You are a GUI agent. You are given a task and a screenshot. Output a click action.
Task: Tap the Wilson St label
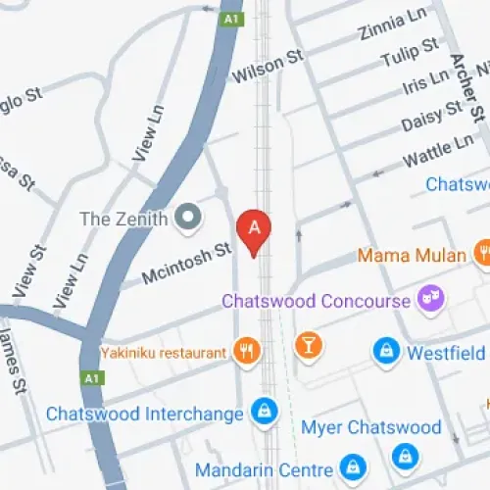268,67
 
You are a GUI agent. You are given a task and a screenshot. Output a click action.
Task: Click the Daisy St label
431,118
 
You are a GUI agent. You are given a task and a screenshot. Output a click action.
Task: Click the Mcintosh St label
186,263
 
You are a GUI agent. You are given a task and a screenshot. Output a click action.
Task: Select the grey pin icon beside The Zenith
187,217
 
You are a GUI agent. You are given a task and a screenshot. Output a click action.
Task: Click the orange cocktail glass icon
309,346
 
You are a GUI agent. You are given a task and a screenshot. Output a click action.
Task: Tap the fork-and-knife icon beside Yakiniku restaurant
245,351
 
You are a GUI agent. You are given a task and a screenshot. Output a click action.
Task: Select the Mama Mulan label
412,256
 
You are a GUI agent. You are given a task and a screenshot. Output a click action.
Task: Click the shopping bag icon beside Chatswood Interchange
262,413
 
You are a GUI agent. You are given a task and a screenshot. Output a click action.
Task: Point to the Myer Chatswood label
370,427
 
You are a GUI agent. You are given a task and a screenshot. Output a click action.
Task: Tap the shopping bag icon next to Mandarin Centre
350,466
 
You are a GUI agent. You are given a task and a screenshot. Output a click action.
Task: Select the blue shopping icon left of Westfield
386,350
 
